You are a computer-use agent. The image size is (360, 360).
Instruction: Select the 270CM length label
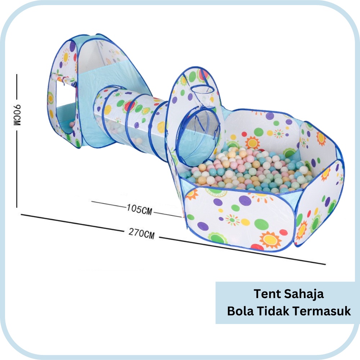point(141,234)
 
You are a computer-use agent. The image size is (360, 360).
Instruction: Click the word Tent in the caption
point(267,294)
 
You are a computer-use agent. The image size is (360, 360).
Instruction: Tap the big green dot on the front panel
point(261,224)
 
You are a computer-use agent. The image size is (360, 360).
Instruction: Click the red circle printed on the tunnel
point(129,106)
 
